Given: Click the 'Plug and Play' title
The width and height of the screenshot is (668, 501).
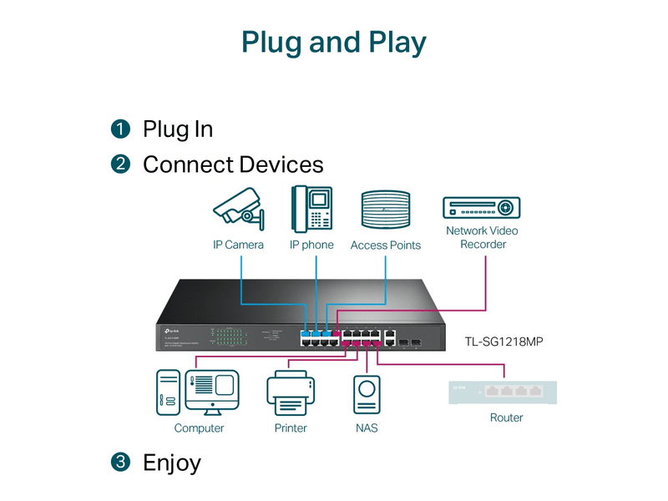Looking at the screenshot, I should pos(334,42).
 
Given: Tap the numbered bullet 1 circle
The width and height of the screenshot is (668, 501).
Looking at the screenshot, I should pos(121,129).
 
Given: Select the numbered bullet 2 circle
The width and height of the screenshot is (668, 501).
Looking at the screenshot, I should pos(121,164).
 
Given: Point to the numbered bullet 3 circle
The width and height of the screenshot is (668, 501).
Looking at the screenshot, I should pos(121,462).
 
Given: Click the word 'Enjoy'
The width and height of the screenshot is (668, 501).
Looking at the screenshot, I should pos(172,463).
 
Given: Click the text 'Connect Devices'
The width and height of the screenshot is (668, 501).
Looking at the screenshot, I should pos(233,164).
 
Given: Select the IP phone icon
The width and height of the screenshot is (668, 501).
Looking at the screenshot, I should pos(311,208).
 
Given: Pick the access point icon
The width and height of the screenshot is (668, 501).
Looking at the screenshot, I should pos(385,210).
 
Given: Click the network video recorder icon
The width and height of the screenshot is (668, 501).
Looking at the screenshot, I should pos(482,207).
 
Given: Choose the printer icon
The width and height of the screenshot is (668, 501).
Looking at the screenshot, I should pos(290,392).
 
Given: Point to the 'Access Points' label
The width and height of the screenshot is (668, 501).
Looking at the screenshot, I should pos(385,245).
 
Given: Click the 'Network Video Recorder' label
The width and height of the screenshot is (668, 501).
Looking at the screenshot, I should pos(482,237).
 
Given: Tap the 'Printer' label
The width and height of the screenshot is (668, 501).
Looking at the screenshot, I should pos(290,428).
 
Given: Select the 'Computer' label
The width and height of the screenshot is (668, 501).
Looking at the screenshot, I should pos(199,428).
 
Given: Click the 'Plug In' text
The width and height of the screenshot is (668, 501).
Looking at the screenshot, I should pos(178,129).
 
